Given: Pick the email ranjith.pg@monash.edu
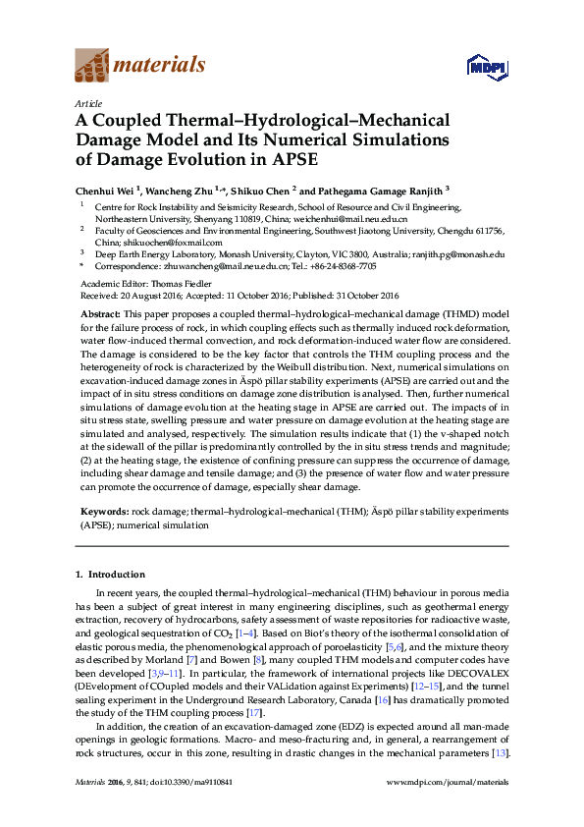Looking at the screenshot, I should pos(461,253).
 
